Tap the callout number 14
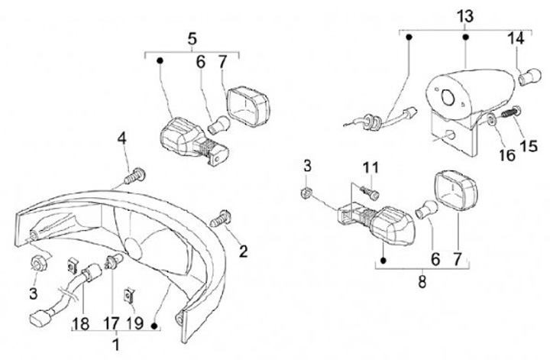[x=516, y=37]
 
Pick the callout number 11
[x=370, y=167]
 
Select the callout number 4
[x=121, y=139]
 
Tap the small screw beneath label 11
[x=370, y=192]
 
